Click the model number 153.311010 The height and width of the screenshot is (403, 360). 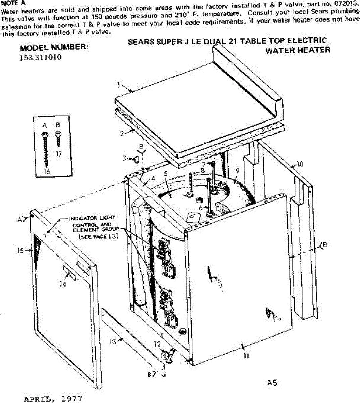pyautogui.click(x=41, y=57)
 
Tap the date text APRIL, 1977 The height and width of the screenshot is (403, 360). pyautogui.click(x=53, y=399)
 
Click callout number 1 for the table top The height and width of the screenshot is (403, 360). pyautogui.click(x=119, y=85)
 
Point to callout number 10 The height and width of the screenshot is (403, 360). pyautogui.click(x=300, y=164)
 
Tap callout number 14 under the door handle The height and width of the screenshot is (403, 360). pyautogui.click(x=62, y=284)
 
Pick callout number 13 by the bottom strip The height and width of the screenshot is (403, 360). pyautogui.click(x=112, y=342)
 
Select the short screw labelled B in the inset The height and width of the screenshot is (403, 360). pyautogui.click(x=58, y=138)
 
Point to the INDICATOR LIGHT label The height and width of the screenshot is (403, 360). pyautogui.click(x=92, y=218)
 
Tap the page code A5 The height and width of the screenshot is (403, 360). pyautogui.click(x=272, y=383)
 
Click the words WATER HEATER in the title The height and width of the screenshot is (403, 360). pyautogui.click(x=298, y=50)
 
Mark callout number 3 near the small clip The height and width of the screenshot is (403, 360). pyautogui.click(x=124, y=158)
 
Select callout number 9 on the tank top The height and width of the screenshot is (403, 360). pyautogui.click(x=238, y=171)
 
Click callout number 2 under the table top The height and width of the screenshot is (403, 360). pyautogui.click(x=122, y=133)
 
